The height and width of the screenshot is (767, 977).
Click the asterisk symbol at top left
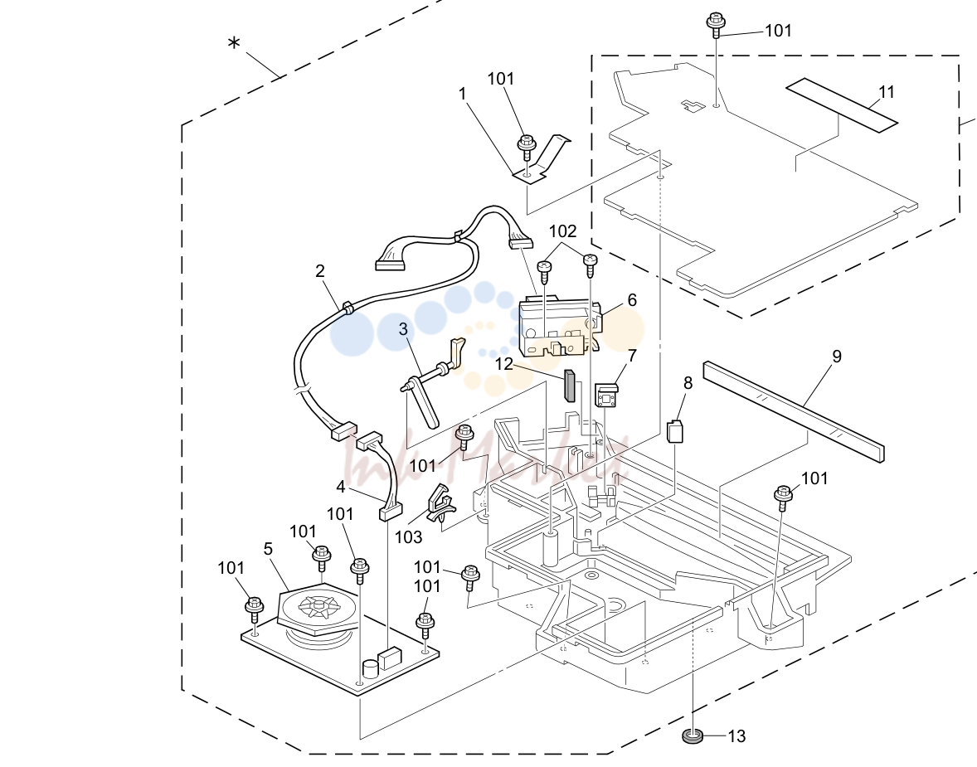[x=234, y=44]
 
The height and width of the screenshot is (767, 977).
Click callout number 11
[x=886, y=92]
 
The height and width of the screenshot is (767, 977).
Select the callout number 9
[x=837, y=357]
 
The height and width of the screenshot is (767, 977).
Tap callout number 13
[x=736, y=736]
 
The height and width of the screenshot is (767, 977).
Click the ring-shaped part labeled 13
[x=693, y=735]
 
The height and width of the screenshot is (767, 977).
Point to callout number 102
[x=562, y=232]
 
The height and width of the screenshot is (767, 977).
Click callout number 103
[x=408, y=537]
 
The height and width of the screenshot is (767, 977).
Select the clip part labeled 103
[x=440, y=502]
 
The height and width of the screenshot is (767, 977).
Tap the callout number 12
[x=503, y=364]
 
